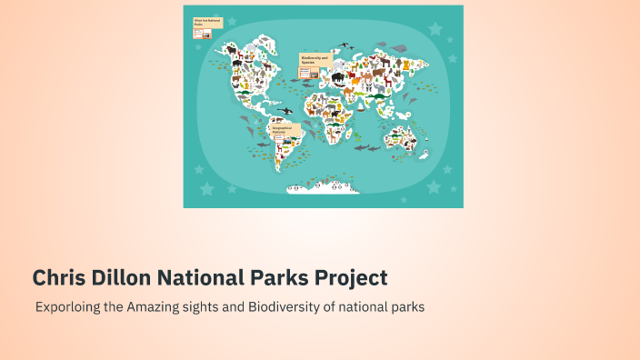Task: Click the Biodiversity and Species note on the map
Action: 315,62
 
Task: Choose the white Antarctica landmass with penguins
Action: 323,186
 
